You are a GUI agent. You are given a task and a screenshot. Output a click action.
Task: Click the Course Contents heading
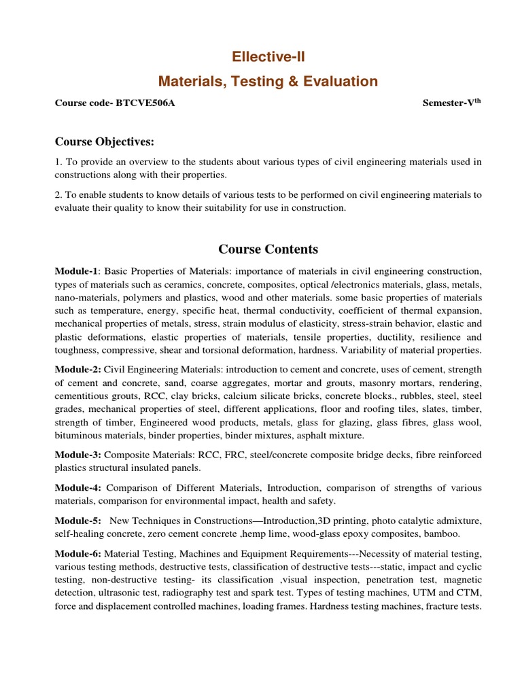[268, 249]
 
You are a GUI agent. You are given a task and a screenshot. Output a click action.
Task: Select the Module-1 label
[77, 272]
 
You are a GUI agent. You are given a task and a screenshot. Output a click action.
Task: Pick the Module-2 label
[78, 370]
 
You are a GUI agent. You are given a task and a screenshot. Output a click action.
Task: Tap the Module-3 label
[78, 455]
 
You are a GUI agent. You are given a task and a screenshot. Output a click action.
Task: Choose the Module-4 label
[78, 488]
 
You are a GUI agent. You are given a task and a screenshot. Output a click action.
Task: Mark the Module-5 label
[78, 521]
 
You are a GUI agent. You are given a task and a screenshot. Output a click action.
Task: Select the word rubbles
[415, 396]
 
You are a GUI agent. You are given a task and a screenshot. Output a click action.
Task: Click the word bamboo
[442, 534]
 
